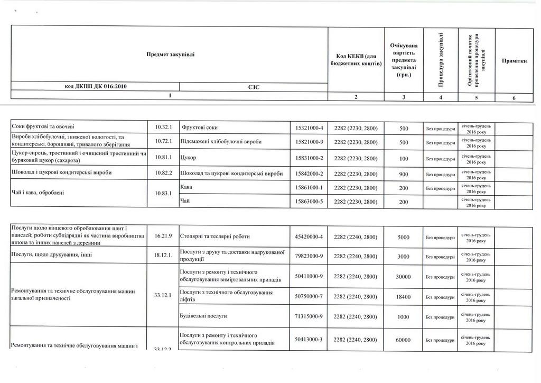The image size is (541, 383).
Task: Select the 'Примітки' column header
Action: pos(514,61)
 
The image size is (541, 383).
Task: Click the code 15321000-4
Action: pos(310,127)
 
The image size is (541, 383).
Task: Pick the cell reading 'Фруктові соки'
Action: pos(200,127)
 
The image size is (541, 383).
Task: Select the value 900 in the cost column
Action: pos(404,173)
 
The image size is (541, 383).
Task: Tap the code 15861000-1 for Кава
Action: pos(310,188)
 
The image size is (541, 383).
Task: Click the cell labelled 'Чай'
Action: pos(185,200)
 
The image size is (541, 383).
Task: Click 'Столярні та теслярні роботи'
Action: pos(215,236)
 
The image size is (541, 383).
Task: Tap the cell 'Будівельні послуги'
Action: pos(203,316)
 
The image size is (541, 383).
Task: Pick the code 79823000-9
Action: pos(310,256)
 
